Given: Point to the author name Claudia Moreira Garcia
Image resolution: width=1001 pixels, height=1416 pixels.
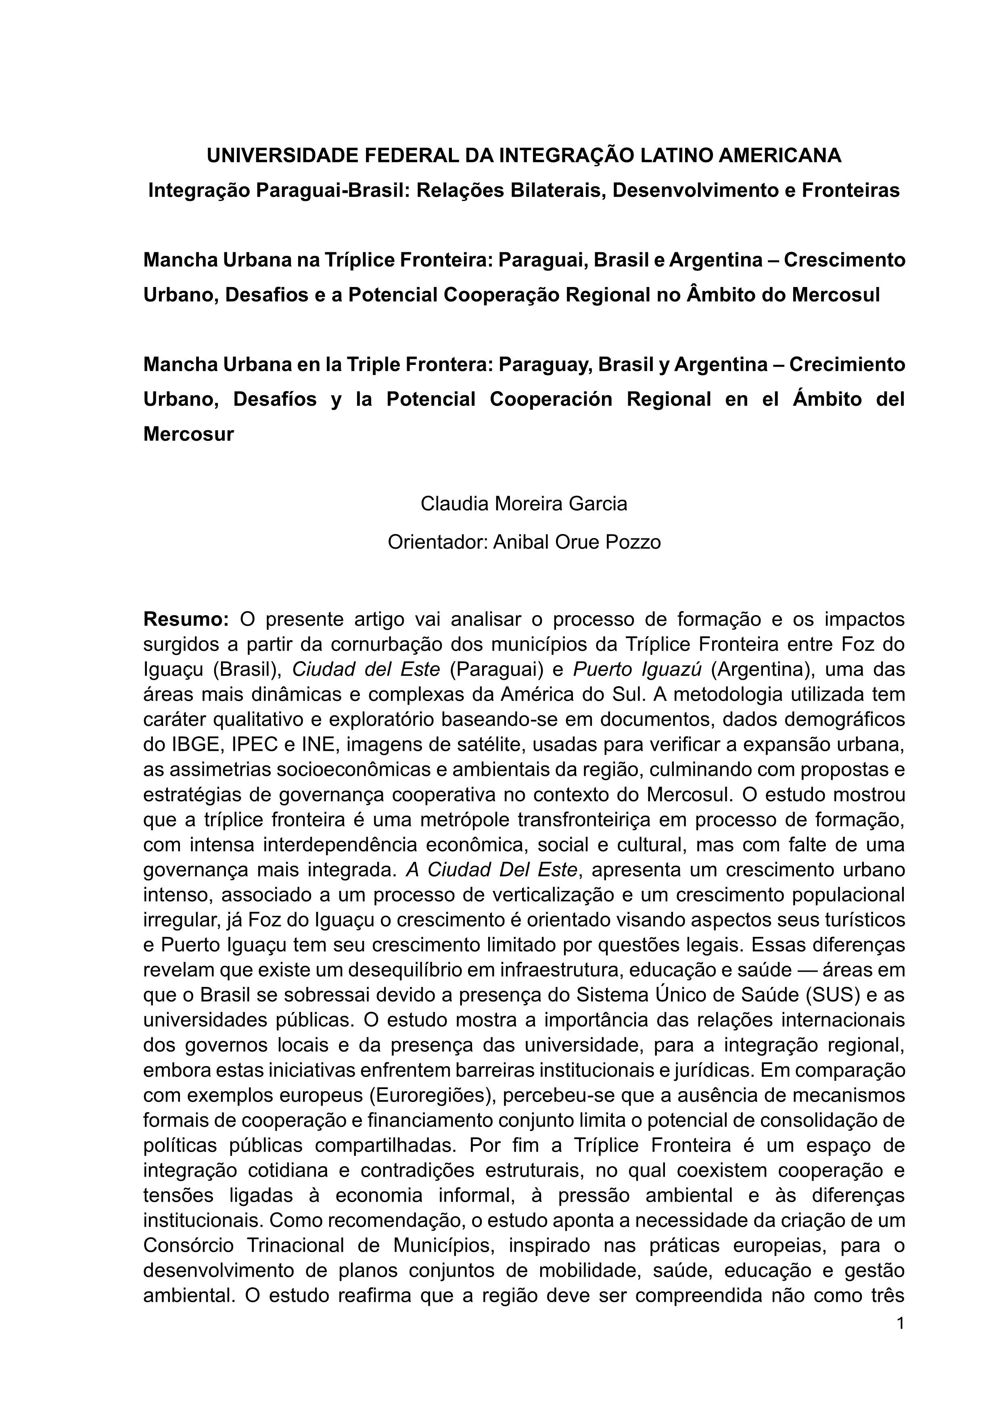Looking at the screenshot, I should pos(524,504).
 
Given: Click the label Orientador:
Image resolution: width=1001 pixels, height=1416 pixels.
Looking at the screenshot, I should pos(438,542).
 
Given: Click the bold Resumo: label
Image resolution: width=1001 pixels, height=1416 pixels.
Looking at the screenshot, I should pos(186,618).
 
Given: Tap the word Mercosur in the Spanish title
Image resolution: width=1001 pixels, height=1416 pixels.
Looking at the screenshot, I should pos(188,434).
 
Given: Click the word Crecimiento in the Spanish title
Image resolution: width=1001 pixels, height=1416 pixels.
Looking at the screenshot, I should pos(848,364).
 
